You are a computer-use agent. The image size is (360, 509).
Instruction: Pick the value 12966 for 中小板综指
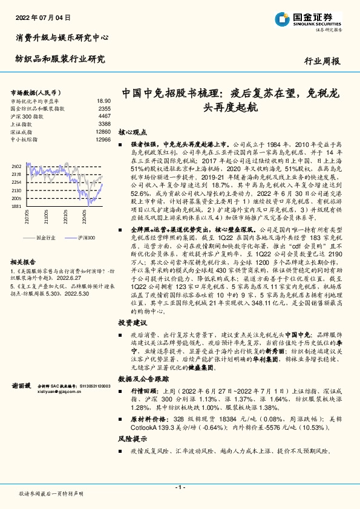coord(103,139)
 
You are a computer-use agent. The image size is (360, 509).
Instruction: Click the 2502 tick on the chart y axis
coord(16,166)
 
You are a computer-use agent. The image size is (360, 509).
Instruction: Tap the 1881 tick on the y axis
coord(16,206)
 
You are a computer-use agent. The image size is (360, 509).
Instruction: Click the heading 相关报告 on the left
coord(25,262)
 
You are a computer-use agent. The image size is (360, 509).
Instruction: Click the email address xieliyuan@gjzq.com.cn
coord(62,391)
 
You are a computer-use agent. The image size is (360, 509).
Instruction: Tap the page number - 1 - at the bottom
coord(179,487)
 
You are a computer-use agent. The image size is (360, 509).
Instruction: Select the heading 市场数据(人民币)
coord(34,92)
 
